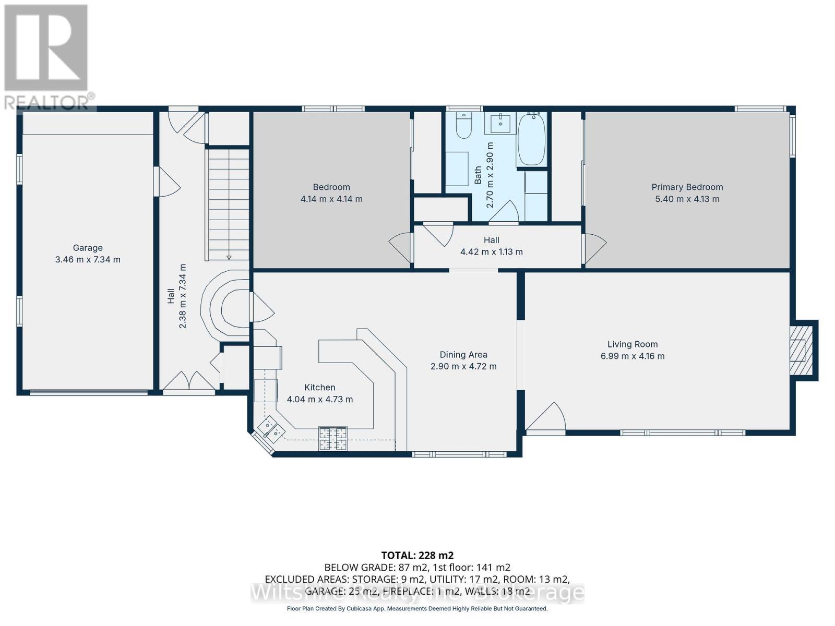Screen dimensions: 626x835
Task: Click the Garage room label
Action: pos(88,248)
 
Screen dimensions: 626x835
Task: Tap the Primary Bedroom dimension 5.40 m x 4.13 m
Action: pos(687,199)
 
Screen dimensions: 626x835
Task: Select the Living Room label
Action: pos(632,344)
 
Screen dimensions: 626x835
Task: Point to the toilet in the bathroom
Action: pos(462,125)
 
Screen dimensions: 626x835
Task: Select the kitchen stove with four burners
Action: pos(333,438)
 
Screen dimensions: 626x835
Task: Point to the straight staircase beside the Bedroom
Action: pos(228,203)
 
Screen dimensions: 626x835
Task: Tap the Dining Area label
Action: pos(463,355)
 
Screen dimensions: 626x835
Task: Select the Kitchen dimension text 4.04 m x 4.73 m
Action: pos(320,399)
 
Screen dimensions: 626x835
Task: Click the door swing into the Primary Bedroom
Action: pos(594,248)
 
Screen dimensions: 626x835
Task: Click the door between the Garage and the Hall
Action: pos(166,182)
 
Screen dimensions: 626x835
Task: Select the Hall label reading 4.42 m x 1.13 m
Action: pos(491,251)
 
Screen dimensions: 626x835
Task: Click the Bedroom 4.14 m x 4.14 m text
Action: pos(331,199)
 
